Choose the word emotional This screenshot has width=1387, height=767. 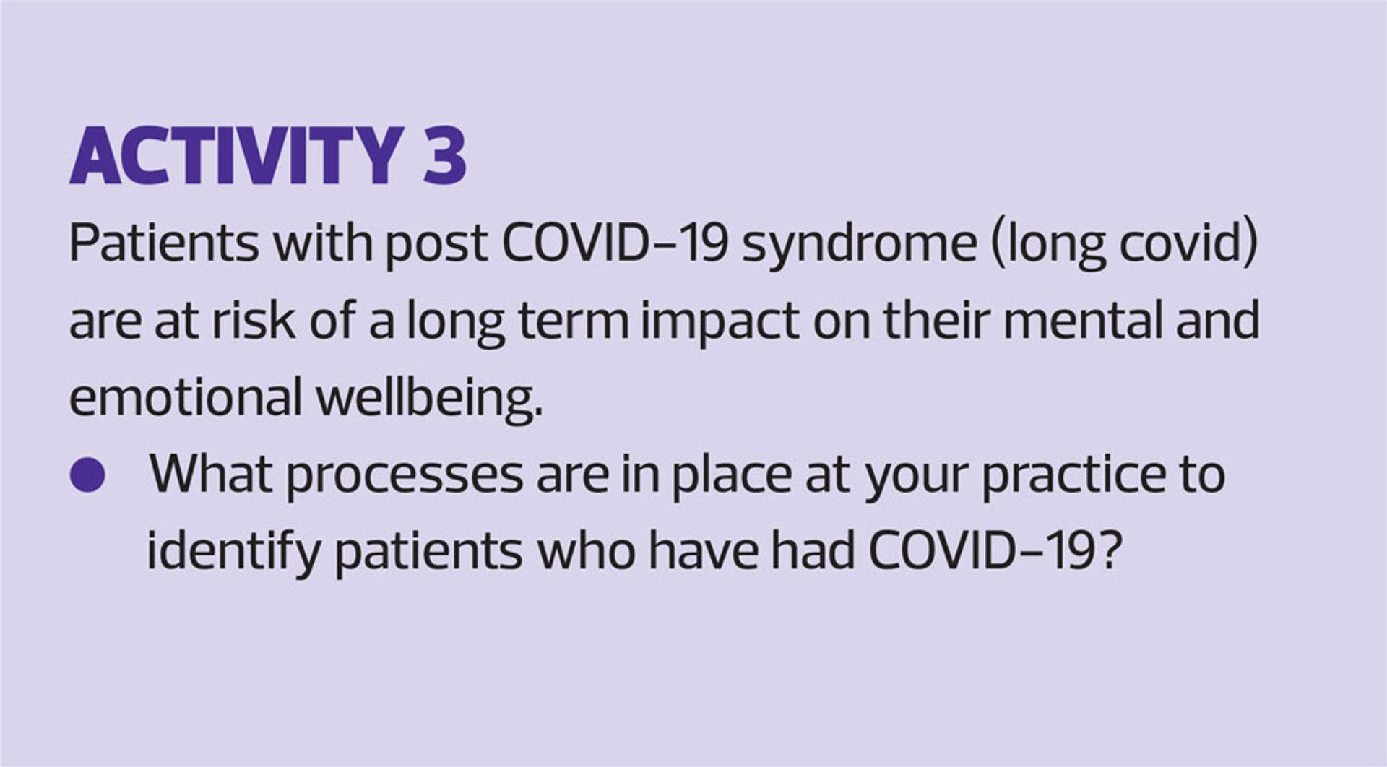tap(186, 397)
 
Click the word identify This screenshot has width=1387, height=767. tap(233, 553)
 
